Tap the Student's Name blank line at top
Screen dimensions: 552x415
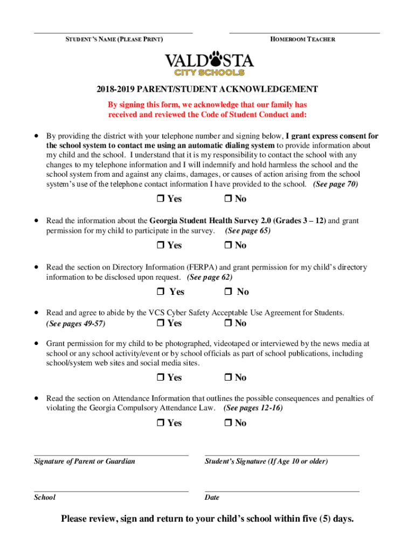[113, 32]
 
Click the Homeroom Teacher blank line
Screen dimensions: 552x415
[304, 32]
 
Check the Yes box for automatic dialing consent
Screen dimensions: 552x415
[161, 199]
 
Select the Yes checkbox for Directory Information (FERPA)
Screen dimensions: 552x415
[161, 292]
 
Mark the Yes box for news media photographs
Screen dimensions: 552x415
[161, 378]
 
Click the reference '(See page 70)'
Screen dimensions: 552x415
[335, 184]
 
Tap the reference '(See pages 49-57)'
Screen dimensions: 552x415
[75, 324]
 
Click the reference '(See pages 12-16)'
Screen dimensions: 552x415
[253, 408]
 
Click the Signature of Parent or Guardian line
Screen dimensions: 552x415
[111, 455]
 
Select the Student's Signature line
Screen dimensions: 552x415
[282, 455]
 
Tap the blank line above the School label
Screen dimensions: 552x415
[111, 491]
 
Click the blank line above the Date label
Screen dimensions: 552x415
[282, 491]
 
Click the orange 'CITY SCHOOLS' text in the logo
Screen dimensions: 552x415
[209, 72]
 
